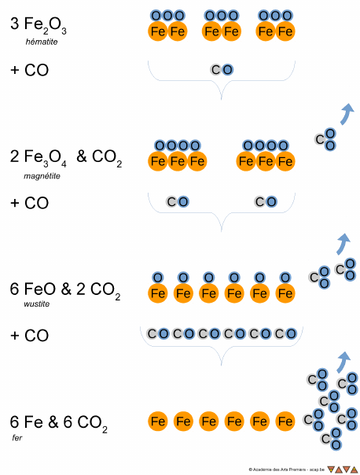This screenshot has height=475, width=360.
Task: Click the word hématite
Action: [42, 42]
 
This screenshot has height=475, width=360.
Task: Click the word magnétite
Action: [42, 176]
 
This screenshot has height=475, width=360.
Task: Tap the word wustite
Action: [36, 304]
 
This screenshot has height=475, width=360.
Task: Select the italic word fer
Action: [17, 438]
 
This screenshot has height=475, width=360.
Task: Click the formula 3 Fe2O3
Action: [39, 24]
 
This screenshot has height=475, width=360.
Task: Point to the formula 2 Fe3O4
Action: [39, 158]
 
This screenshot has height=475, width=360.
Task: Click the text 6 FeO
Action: [33, 289]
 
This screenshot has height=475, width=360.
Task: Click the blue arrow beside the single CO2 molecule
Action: [346, 113]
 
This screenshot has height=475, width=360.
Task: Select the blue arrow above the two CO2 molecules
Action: [343, 244]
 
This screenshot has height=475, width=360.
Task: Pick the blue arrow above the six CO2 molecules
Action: [343, 362]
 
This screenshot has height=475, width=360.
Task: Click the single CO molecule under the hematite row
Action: [222, 70]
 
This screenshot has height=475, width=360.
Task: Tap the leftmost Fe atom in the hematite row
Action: [158, 31]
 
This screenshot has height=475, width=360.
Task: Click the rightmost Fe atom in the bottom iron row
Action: [285, 422]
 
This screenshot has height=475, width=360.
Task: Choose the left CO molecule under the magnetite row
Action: [178, 201]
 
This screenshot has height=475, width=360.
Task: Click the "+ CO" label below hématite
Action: [29, 70]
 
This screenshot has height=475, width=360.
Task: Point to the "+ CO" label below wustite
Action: [29, 336]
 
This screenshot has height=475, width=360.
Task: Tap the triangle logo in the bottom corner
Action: [343, 469]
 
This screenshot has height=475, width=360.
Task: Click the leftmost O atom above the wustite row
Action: [158, 278]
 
